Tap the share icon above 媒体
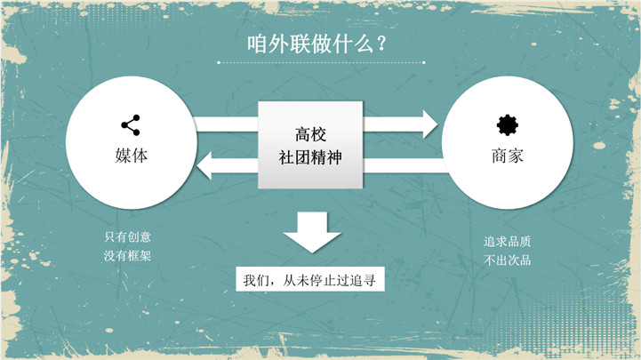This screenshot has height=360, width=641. pos(130,125)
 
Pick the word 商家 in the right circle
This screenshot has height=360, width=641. pos(507,156)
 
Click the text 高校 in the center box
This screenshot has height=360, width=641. pos(310,135)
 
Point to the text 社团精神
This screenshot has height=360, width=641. pos(310,158)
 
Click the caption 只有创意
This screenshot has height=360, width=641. pos(127,237)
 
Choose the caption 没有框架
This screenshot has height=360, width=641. pos(127,256)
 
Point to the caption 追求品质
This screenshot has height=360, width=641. pos(507,242)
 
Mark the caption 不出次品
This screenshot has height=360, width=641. pos(507,260)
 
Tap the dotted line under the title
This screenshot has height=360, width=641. pos(321,63)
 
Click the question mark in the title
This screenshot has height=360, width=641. pos(381,45)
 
